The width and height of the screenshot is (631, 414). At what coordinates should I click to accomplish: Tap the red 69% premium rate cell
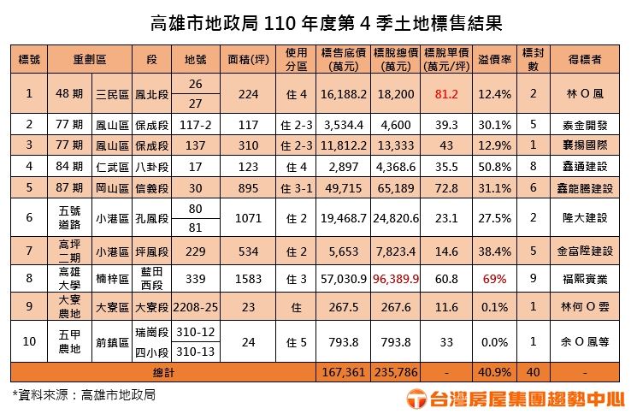coord(495,279)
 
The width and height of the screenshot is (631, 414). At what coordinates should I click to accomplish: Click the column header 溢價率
coord(495,60)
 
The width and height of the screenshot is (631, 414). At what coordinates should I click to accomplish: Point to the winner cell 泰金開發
coord(585,124)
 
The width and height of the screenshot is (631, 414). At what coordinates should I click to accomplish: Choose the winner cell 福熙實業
coord(585,279)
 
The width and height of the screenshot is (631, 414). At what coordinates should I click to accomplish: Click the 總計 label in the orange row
coord(163,371)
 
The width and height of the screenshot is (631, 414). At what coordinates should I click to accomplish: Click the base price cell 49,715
coord(345,186)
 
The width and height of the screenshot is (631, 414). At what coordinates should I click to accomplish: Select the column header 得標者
coord(585,60)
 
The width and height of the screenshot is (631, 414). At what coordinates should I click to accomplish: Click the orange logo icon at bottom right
coord(416,397)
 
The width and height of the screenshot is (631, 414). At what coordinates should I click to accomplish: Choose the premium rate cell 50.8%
coord(495,165)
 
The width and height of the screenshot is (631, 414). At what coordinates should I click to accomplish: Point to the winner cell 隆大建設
coord(585,217)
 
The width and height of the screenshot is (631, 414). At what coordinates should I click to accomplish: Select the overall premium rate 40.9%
coord(495,371)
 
